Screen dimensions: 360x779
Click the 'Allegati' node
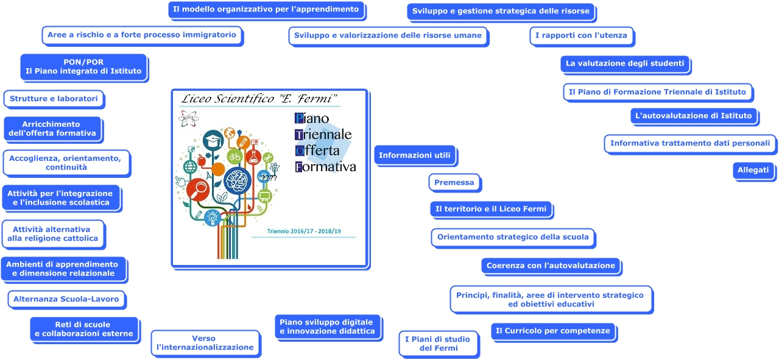(753, 170)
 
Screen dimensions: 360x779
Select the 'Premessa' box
(454, 182)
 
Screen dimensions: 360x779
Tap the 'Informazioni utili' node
(414, 155)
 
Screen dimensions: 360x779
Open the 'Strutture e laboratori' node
(54, 98)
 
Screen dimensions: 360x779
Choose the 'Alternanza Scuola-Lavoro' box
(66, 299)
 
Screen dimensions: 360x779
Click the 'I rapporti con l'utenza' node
(581, 35)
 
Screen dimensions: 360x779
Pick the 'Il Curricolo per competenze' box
(552, 331)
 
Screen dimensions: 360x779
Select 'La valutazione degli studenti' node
(625, 63)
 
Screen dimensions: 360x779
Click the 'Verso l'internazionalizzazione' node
(205, 342)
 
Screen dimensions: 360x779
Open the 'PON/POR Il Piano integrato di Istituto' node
(83, 66)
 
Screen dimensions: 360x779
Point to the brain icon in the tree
(237, 181)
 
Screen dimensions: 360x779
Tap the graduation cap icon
(214, 141)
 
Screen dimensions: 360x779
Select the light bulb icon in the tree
(212, 216)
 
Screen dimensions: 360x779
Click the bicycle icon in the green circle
(234, 157)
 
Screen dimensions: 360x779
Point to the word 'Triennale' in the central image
(323, 134)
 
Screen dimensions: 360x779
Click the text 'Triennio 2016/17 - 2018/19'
(303, 231)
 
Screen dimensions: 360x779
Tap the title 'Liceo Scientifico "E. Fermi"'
(259, 99)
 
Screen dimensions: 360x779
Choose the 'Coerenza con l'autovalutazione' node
(551, 266)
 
